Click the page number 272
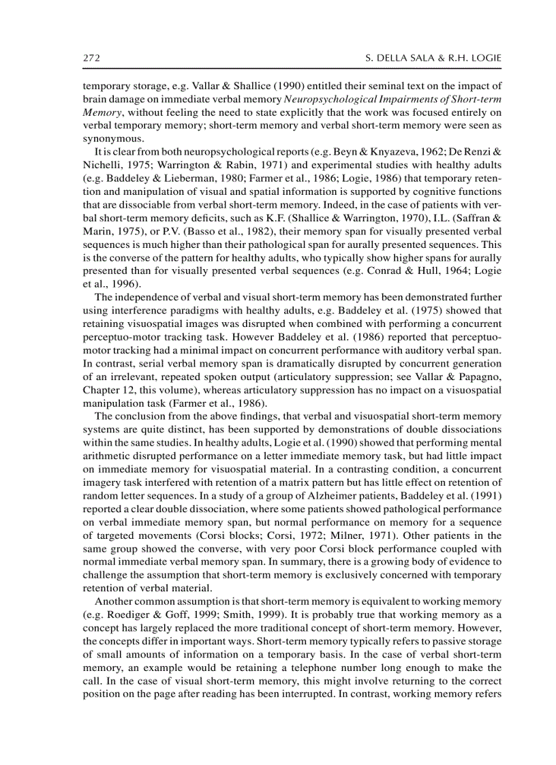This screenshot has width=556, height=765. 92,59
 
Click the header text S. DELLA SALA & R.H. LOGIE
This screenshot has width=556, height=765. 433,59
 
